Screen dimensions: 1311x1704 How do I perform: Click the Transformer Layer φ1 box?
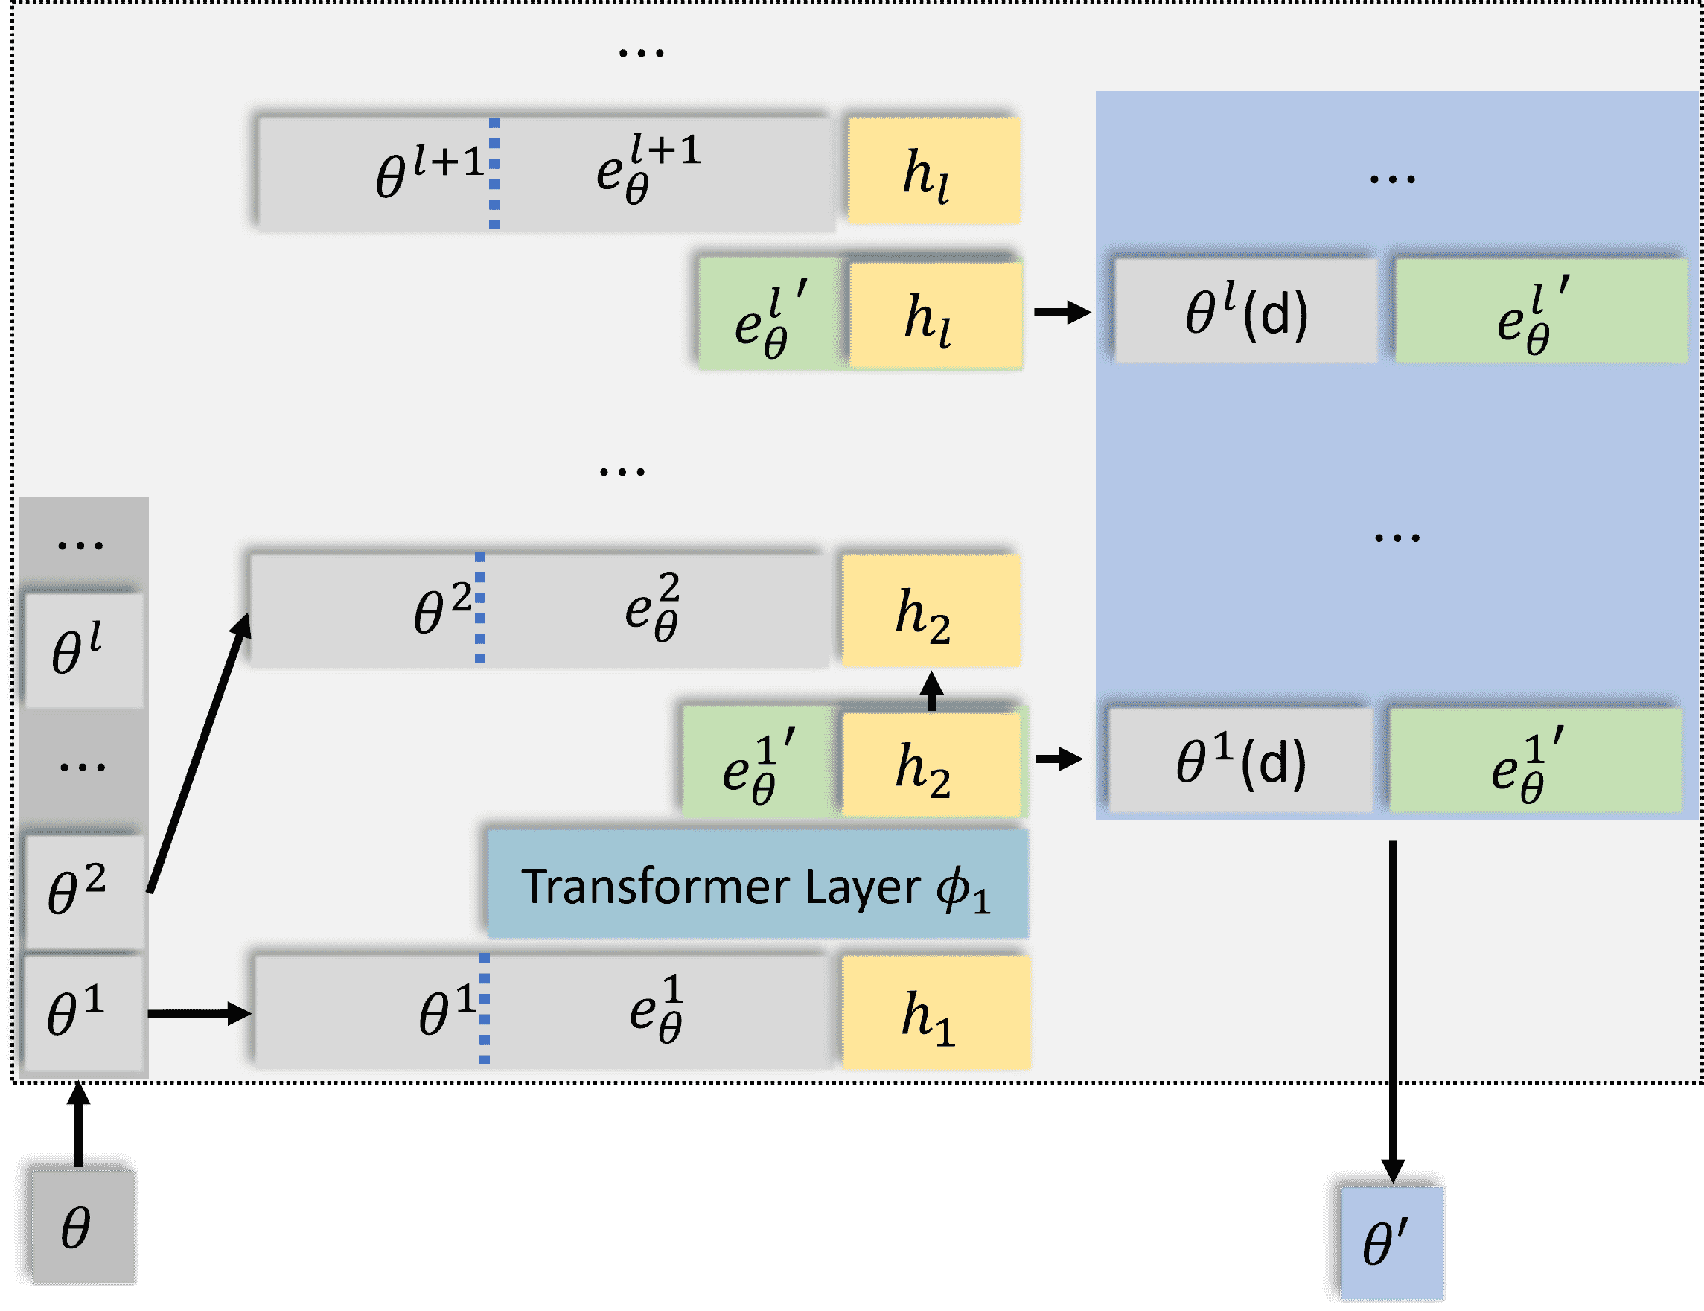[x=757, y=884]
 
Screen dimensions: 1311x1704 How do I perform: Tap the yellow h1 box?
[x=936, y=1013]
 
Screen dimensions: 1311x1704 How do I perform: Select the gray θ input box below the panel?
[x=83, y=1226]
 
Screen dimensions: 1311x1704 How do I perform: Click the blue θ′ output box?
[x=1392, y=1243]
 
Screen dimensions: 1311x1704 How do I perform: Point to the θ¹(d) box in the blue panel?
[x=1240, y=760]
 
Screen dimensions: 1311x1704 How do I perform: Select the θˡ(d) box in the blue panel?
[x=1246, y=311]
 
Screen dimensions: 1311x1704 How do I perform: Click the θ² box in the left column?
[x=83, y=892]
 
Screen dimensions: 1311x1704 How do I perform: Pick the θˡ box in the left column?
[x=83, y=651]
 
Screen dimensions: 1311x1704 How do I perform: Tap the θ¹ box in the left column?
[x=83, y=1013]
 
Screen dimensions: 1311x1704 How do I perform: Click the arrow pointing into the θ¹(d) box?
[x=1059, y=759]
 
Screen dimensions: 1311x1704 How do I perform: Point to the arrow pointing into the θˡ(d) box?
[x=1061, y=312]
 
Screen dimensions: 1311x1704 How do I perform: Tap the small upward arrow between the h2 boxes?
[x=931, y=691]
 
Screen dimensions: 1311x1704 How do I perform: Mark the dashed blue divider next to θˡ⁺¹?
[x=494, y=173]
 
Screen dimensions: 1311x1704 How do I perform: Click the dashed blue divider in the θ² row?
[x=480, y=608]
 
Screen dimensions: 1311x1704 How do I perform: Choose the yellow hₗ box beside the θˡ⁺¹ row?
[x=934, y=171]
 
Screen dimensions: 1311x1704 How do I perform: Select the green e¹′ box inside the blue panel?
[x=1535, y=760]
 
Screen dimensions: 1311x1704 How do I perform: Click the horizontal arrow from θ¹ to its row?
[x=199, y=1014]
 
